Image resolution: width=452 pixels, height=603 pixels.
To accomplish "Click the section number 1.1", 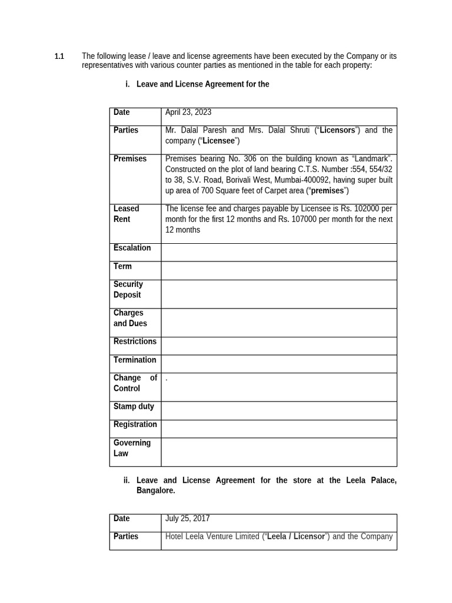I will coord(59,57).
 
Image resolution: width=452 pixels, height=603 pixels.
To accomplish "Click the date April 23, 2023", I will coord(188,112).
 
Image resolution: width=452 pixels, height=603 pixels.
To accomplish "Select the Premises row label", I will coord(130,159).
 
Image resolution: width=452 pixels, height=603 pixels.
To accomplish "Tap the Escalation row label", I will coord(132,248).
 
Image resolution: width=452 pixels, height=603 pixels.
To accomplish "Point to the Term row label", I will coord(122,267).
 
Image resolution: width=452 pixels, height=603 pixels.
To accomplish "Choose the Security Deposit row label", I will coord(128,290).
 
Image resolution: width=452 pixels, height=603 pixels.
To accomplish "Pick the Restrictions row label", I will coord(135,342).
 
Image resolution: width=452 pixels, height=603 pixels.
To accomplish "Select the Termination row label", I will coord(135,360).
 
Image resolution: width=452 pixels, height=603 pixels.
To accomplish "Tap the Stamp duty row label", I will coord(134,406).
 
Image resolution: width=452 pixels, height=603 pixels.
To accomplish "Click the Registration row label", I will coord(135,425).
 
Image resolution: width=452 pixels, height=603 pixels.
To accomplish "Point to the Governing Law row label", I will coord(132,448).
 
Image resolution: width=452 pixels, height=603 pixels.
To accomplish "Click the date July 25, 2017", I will coord(187,519).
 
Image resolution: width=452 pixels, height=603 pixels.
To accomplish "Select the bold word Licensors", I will coord(337,130).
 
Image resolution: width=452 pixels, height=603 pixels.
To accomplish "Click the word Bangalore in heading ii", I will coord(155,491).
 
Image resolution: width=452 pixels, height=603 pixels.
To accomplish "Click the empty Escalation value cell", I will coord(278,253).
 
